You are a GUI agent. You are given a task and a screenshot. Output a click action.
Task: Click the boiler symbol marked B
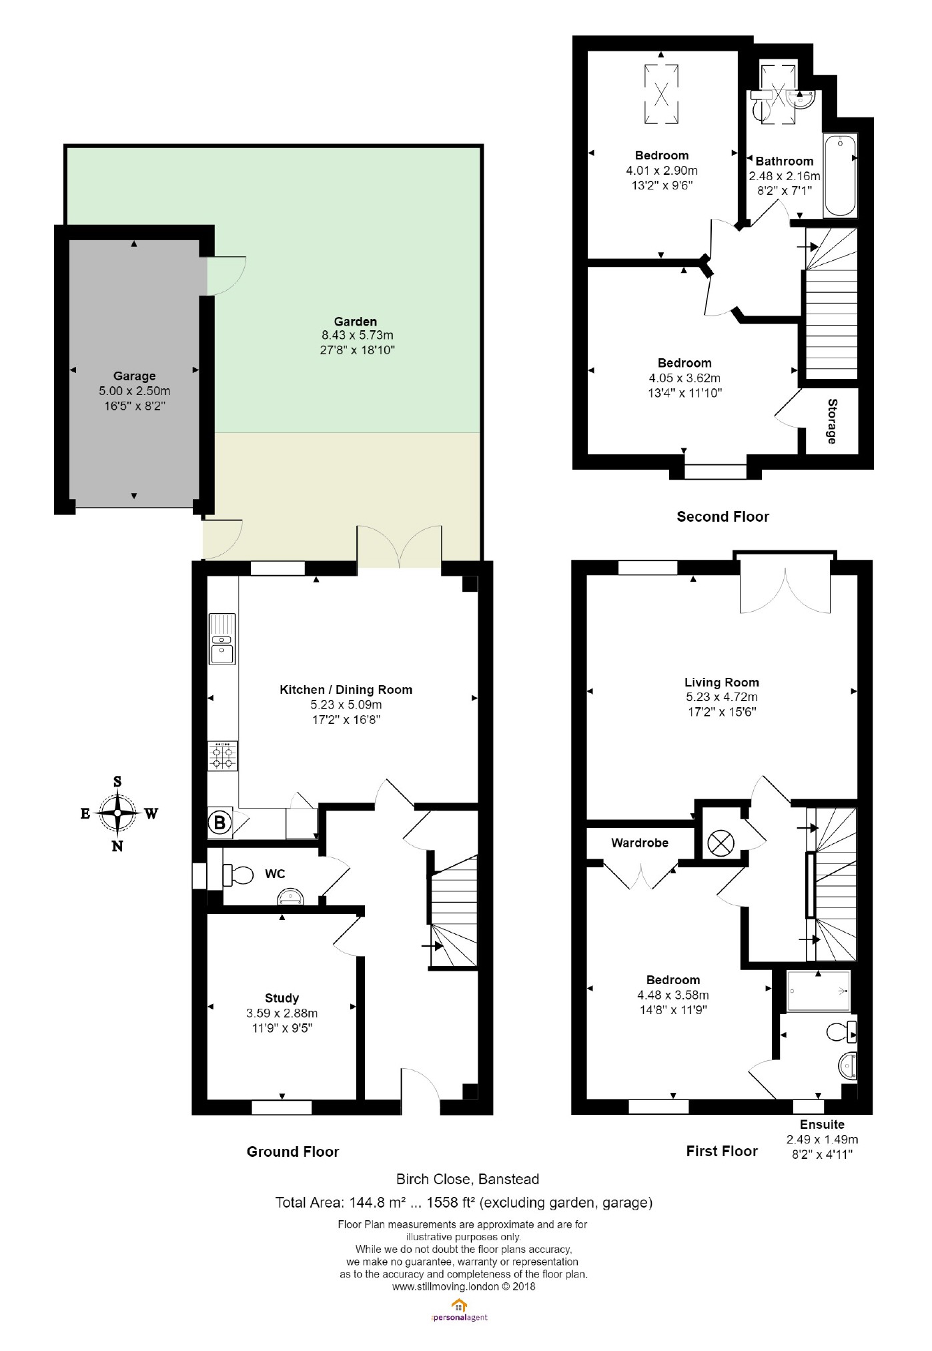pyautogui.click(x=219, y=823)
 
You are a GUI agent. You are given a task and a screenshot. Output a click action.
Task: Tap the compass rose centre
pyautogui.click(x=117, y=813)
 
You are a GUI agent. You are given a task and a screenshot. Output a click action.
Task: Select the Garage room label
pyautogui.click(x=134, y=376)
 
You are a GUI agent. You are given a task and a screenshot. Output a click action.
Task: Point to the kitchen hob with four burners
pyautogui.click(x=223, y=757)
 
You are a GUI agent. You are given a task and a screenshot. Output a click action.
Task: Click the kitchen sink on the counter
pyautogui.click(x=222, y=639)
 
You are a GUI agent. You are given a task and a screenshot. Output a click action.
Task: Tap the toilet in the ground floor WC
pyautogui.click(x=238, y=874)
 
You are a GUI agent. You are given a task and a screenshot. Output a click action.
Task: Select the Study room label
pyautogui.click(x=282, y=998)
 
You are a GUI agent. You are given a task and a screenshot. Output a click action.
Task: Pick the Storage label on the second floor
pyautogui.click(x=832, y=421)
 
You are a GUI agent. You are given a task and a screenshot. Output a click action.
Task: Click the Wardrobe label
pyautogui.click(x=640, y=843)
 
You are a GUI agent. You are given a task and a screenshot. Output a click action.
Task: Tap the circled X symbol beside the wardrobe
pyautogui.click(x=720, y=843)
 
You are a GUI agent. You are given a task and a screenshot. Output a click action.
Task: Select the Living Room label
pyautogui.click(x=721, y=683)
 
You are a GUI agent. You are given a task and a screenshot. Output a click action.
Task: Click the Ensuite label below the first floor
pyautogui.click(x=822, y=1124)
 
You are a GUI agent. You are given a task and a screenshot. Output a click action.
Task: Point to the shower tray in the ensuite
pyautogui.click(x=819, y=991)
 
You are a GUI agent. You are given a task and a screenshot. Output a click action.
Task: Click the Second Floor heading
pyautogui.click(x=723, y=516)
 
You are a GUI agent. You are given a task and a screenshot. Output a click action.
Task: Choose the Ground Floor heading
pyautogui.click(x=293, y=1152)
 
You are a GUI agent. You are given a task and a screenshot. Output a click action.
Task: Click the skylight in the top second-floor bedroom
pyautogui.click(x=661, y=94)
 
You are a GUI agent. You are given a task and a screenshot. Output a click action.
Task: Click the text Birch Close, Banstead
pyautogui.click(x=467, y=1179)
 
